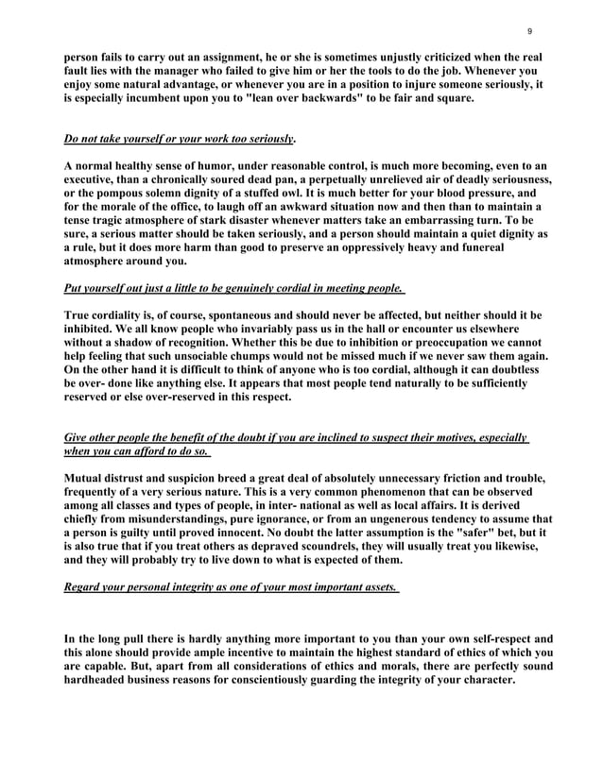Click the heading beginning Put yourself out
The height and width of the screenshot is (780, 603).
233,288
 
